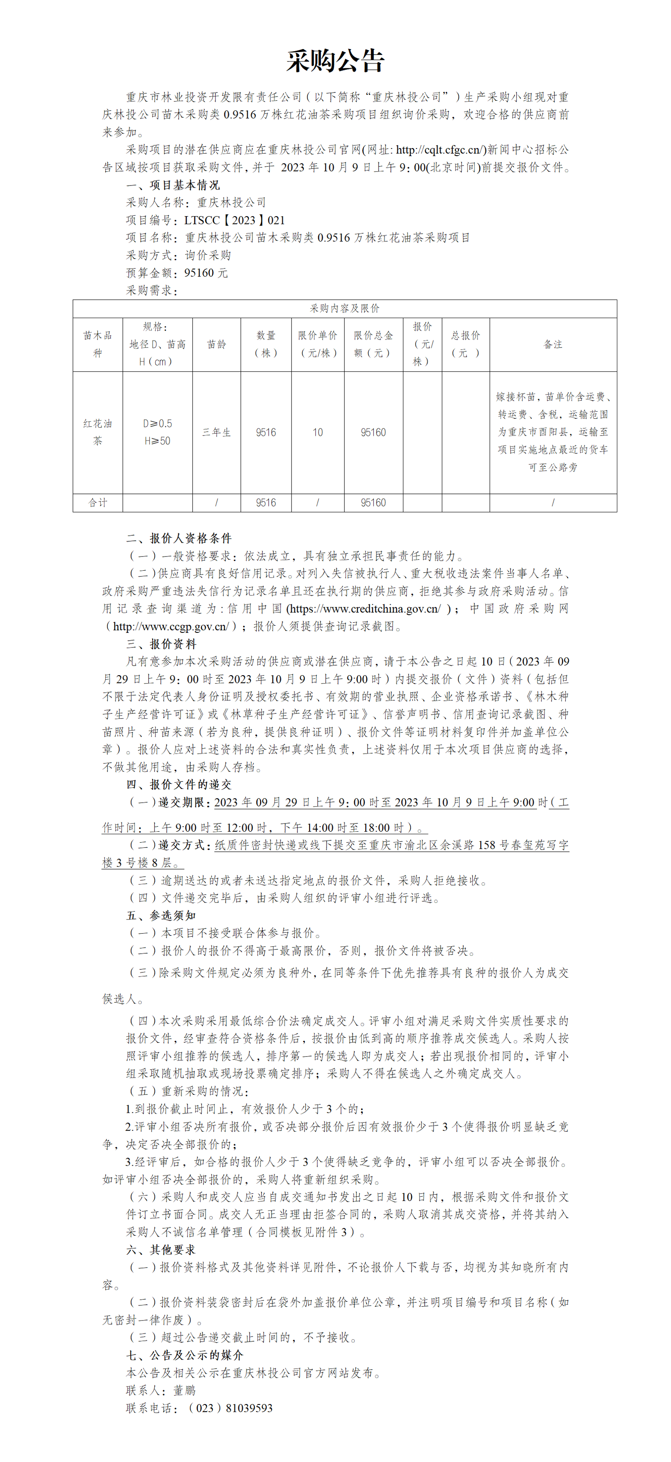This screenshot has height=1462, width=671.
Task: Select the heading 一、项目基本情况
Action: click(x=173, y=185)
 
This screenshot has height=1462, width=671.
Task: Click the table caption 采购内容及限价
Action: click(x=344, y=308)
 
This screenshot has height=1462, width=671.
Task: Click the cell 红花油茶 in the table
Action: click(x=98, y=432)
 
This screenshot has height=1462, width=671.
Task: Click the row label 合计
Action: click(x=98, y=503)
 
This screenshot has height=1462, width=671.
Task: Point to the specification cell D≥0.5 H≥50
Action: click(x=157, y=432)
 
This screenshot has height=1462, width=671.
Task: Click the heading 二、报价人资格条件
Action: click(x=179, y=538)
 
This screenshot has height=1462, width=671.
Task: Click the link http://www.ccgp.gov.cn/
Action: click(x=171, y=627)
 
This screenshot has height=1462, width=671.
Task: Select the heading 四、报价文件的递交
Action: click(x=179, y=784)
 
